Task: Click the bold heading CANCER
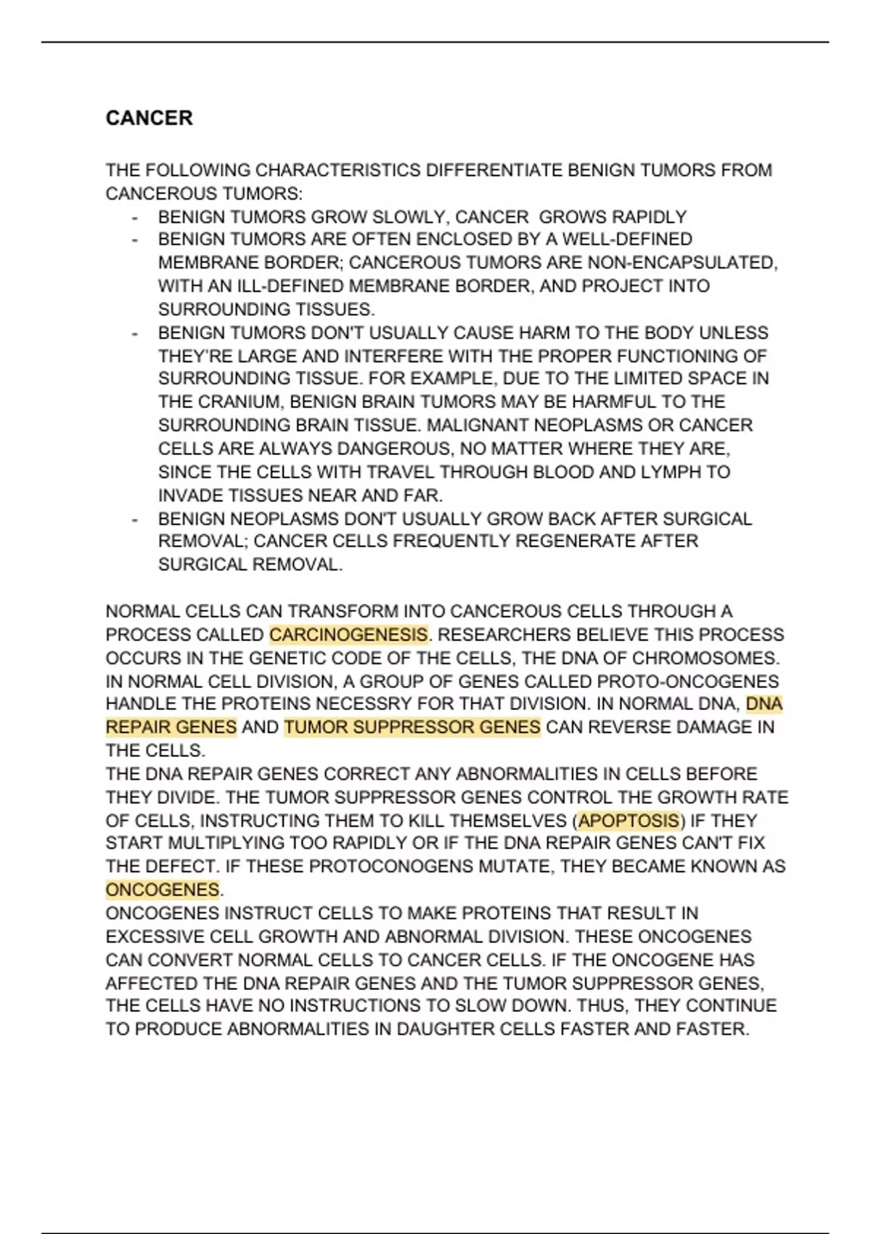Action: pos(149,118)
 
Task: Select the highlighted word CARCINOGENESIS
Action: pos(348,635)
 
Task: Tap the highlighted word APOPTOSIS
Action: pos(629,821)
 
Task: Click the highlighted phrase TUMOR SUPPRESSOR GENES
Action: pos(412,727)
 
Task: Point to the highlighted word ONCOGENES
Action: pos(163,890)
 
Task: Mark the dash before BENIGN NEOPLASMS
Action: pos(134,520)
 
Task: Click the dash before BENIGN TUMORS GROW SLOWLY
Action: pos(134,218)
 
